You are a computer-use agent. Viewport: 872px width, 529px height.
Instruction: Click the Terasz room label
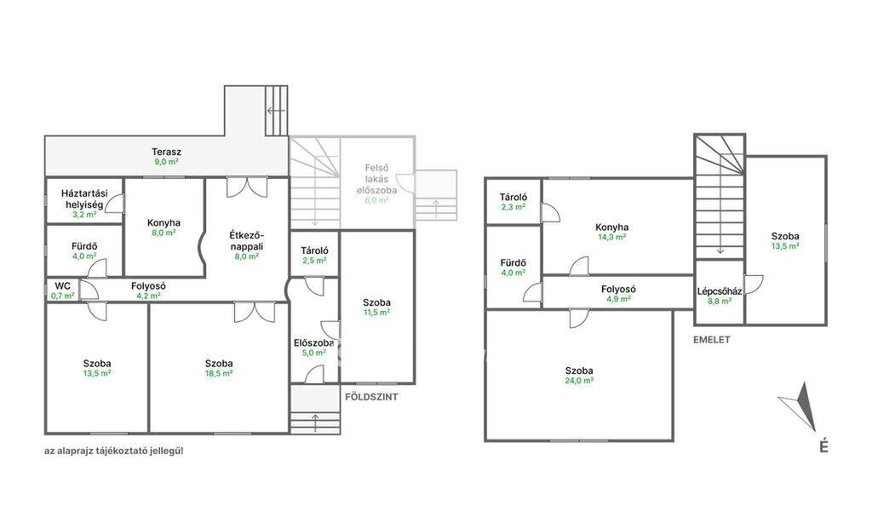pyautogui.click(x=166, y=152)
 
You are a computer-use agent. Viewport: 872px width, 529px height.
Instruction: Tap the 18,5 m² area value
pyautogui.click(x=219, y=373)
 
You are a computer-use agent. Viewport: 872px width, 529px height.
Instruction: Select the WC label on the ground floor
pyautogui.click(x=62, y=286)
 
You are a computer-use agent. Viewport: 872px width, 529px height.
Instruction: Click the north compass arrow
pyautogui.click(x=799, y=406)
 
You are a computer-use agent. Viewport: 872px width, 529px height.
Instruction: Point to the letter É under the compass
pyautogui.click(x=823, y=446)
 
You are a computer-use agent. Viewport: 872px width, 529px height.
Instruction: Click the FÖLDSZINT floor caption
pyautogui.click(x=371, y=397)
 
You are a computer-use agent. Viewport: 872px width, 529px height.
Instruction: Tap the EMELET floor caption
pyautogui.click(x=712, y=339)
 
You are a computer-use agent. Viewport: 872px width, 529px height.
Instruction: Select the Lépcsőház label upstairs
pyautogui.click(x=719, y=291)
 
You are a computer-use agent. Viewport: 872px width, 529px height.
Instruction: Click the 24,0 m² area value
pyautogui.click(x=579, y=381)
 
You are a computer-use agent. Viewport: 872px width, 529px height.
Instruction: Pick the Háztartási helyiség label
pyautogui.click(x=84, y=199)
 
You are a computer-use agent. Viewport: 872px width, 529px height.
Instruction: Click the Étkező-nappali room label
pyautogui.click(x=246, y=240)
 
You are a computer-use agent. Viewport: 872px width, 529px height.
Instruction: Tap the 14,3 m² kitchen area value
pyautogui.click(x=611, y=237)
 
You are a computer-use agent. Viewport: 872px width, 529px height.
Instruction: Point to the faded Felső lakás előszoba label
pyautogui.click(x=376, y=179)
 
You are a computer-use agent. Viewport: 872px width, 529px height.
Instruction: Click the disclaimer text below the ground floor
pyautogui.click(x=113, y=451)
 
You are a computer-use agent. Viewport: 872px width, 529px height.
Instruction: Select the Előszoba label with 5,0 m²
pyautogui.click(x=313, y=342)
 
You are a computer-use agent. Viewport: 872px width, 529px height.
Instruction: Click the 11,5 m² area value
pyautogui.click(x=376, y=312)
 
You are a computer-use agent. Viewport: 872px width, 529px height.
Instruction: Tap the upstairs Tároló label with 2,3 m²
pyautogui.click(x=513, y=197)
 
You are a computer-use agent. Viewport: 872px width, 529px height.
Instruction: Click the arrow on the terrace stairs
pyautogui.click(x=276, y=111)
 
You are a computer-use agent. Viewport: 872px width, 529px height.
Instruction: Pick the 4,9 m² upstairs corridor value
pyautogui.click(x=618, y=299)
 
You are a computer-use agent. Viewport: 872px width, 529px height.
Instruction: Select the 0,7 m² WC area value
pyautogui.click(x=62, y=296)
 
